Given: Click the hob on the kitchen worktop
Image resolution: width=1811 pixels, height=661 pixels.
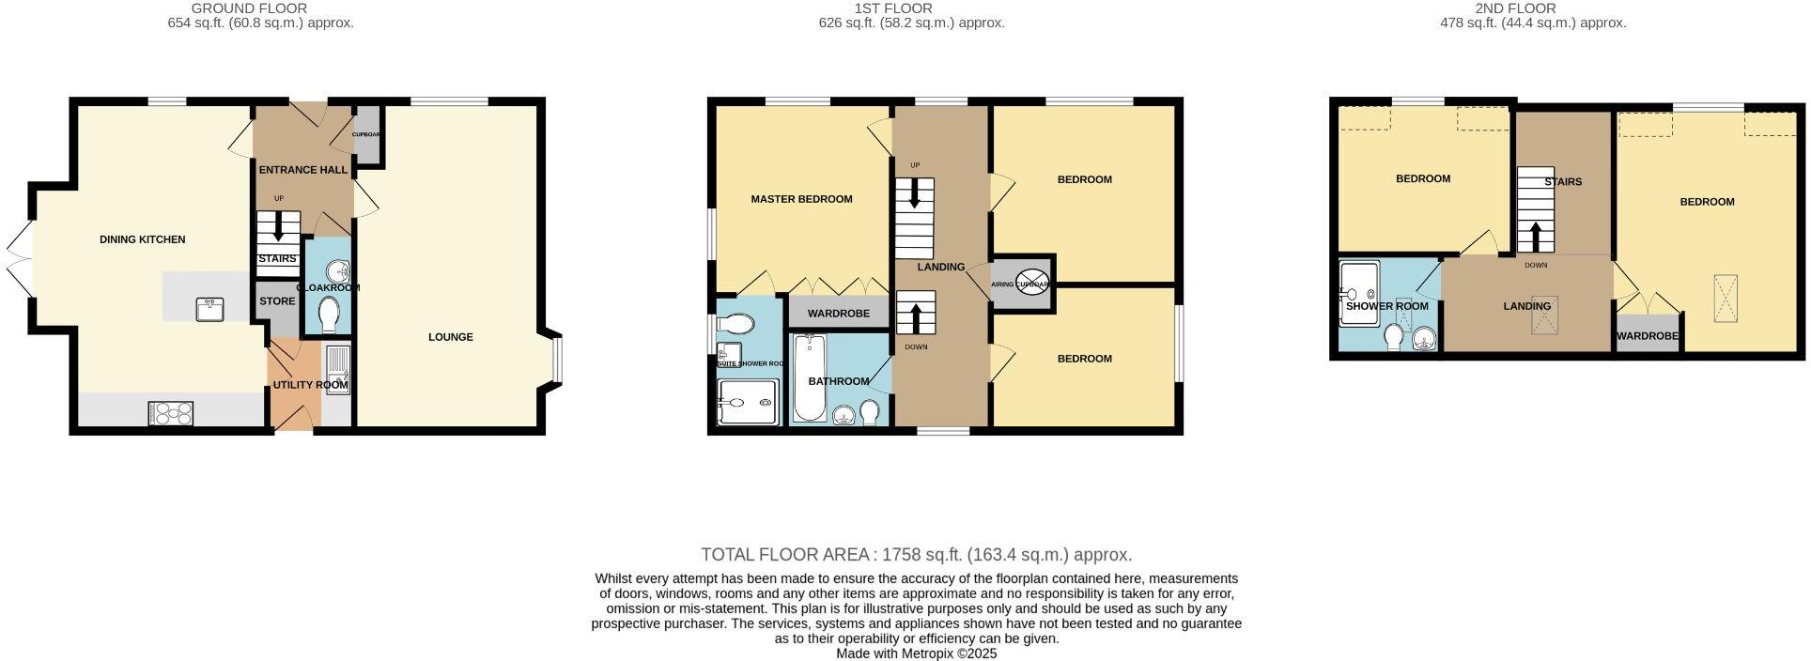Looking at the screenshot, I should (171, 413).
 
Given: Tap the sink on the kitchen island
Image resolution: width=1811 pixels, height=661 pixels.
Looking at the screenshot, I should (209, 309).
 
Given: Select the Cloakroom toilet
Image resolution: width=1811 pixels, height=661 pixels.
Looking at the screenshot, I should (329, 315).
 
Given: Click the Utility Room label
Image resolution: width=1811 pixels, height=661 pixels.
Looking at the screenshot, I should (310, 385).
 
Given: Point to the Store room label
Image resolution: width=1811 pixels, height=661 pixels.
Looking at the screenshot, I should (277, 301).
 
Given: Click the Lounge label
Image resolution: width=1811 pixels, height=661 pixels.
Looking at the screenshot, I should (451, 337).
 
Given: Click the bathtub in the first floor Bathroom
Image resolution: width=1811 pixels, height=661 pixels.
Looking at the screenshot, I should (809, 378).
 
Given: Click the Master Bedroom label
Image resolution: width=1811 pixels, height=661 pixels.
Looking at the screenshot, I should (801, 199).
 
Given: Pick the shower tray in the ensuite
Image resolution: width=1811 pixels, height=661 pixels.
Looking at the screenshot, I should (748, 403).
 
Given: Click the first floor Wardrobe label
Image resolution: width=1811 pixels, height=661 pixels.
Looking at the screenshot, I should (838, 314).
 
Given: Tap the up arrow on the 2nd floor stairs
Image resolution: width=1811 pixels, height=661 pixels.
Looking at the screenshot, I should (1536, 236).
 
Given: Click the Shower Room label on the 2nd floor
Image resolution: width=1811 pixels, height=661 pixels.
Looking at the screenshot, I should (1386, 306).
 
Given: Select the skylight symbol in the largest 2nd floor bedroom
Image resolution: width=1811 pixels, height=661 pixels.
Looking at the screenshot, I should (1725, 298).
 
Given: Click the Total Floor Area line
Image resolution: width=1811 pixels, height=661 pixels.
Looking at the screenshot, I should (916, 555).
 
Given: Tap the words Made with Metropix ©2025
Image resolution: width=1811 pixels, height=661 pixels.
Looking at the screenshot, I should (916, 653).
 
